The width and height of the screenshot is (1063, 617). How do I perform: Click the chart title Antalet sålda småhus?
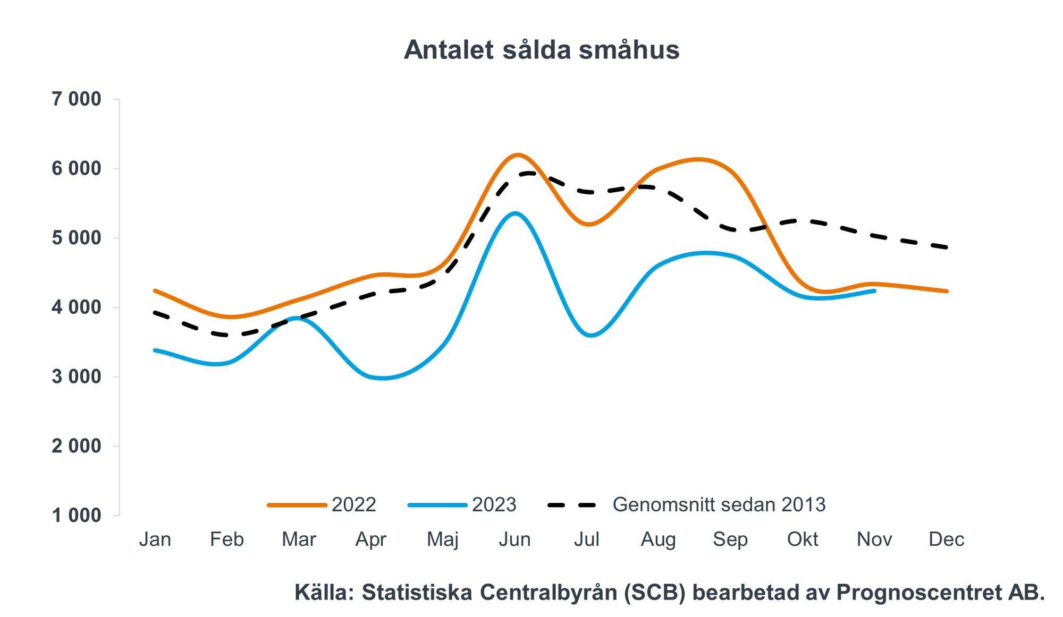[x=541, y=50]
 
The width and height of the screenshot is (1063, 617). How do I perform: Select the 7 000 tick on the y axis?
[x=76, y=99]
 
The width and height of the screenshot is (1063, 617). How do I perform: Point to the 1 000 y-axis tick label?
[x=76, y=516]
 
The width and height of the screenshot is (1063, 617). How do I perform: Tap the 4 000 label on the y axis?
[x=76, y=307]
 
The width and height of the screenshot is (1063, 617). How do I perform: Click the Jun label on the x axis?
[x=514, y=539]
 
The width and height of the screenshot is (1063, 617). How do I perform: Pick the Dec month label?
[x=946, y=539]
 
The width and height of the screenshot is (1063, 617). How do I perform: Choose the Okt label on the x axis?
[x=802, y=539]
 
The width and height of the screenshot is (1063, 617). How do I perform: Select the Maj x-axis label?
[x=442, y=539]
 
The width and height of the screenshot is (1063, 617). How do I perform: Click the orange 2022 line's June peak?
[x=518, y=155]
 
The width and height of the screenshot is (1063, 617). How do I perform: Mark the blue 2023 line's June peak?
[x=515, y=213]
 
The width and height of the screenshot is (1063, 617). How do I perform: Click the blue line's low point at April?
[x=383, y=379]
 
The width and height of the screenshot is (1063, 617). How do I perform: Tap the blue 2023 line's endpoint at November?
[x=874, y=291]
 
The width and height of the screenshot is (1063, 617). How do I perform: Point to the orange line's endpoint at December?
[x=947, y=291]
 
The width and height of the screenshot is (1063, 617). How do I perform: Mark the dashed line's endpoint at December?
[x=947, y=247]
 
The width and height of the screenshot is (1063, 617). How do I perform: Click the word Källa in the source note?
[x=324, y=593]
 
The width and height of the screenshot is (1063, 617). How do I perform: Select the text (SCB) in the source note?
[x=654, y=593]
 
